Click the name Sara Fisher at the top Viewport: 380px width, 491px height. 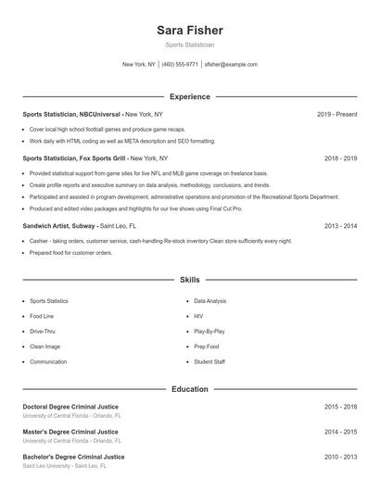[189, 30]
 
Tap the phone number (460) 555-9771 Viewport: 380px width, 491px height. [181, 65]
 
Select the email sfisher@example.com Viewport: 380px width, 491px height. [231, 65]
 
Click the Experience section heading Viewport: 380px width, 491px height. [189, 96]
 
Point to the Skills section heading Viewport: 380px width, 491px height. [189, 279]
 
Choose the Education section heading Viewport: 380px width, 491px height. [189, 389]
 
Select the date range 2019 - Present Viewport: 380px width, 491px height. [336, 114]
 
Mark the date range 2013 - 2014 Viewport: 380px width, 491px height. [340, 225]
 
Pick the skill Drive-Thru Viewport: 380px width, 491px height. [43, 331]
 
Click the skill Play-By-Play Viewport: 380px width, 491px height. [209, 331]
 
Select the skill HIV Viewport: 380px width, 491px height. [198, 316]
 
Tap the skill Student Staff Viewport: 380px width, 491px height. [209, 361]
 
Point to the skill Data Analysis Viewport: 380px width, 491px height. [209, 301]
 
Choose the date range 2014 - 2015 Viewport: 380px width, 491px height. [340, 432]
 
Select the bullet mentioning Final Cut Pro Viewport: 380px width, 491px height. [136, 208]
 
